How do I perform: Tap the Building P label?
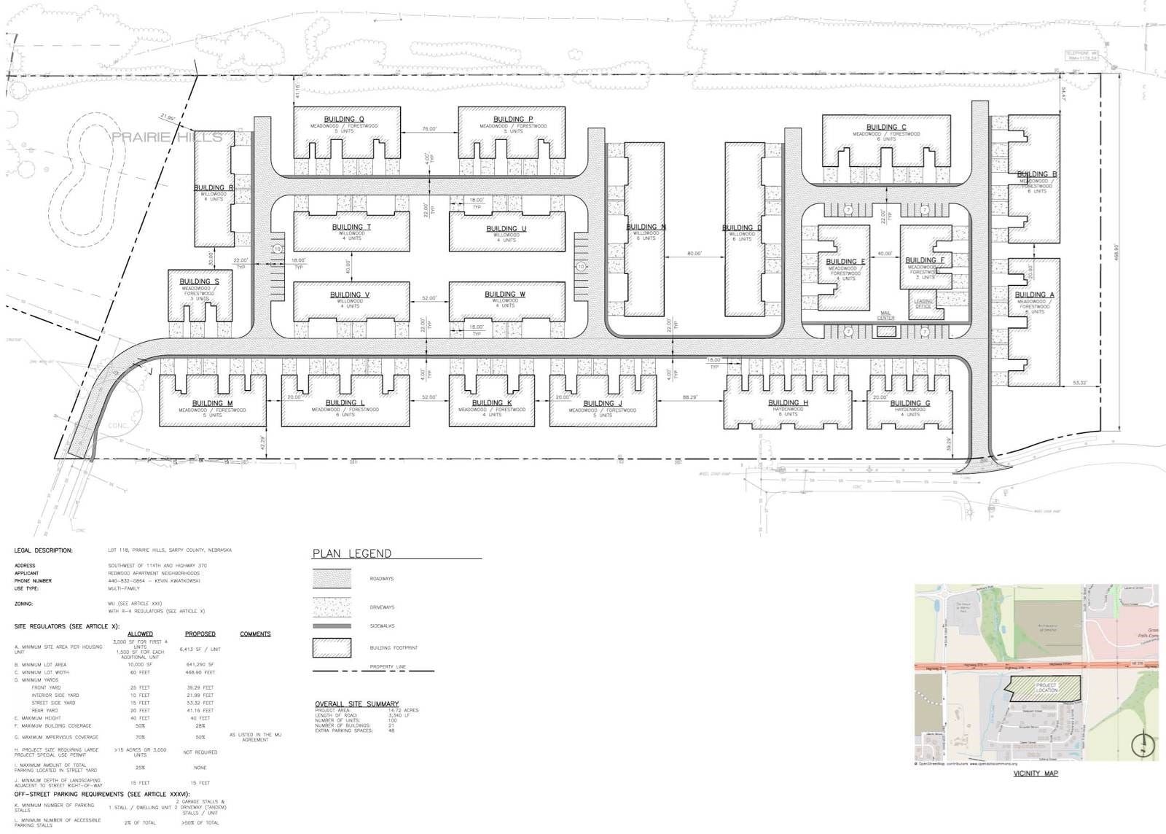tap(512, 120)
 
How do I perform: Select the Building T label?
tap(351, 227)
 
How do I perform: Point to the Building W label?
tap(504, 295)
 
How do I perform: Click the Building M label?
tap(212, 403)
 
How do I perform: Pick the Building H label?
tap(788, 403)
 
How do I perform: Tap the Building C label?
tap(886, 128)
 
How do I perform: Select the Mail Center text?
tap(885, 316)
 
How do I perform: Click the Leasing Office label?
tap(923, 303)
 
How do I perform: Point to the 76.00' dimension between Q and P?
tap(429, 129)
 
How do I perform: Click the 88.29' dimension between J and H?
tap(689, 397)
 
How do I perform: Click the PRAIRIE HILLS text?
tap(167, 137)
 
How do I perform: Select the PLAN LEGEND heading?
tap(352, 554)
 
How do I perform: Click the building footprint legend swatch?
tap(332, 647)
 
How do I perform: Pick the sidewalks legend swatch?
tap(332, 626)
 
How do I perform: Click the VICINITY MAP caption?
tap(1035, 773)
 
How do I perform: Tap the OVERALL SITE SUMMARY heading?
tap(356, 704)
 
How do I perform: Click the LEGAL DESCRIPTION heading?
tap(44, 550)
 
